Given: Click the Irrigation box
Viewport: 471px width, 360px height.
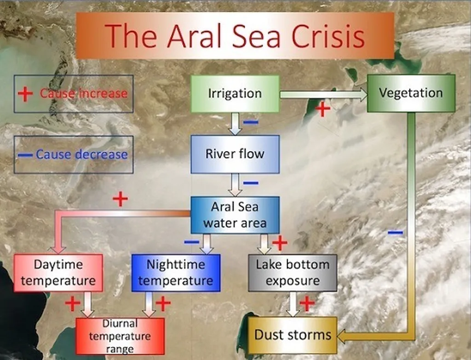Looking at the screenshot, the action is click(235, 94).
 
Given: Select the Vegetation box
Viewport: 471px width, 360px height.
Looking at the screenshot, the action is click(411, 93).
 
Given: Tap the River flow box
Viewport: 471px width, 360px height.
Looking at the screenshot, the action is click(235, 154).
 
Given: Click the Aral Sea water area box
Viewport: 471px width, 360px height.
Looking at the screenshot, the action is click(235, 215).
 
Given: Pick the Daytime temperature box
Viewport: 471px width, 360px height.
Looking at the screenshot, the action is click(58, 273).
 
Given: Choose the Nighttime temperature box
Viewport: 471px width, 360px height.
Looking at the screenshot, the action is click(176, 273).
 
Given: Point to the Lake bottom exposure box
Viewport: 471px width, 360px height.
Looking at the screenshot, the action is click(293, 273).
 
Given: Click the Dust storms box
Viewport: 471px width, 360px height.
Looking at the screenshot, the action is click(293, 335).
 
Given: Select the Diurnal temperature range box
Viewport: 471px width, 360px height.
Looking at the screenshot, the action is click(120, 336).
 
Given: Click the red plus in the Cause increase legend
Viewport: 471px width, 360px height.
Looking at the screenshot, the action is click(25, 94).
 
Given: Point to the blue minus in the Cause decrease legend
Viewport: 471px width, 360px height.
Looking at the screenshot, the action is click(25, 155).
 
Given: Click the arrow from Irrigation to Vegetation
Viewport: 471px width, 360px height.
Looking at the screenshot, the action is click(323, 95).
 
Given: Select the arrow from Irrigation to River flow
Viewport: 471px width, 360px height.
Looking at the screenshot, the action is click(235, 124).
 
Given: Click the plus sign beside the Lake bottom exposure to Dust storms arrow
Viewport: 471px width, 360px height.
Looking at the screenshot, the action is click(307, 303).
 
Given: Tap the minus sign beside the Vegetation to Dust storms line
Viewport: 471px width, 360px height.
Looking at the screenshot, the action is click(395, 232).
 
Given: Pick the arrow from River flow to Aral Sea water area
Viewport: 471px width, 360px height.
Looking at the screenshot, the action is click(235, 185).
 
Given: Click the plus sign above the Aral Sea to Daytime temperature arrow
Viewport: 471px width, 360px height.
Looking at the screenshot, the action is click(120, 199).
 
